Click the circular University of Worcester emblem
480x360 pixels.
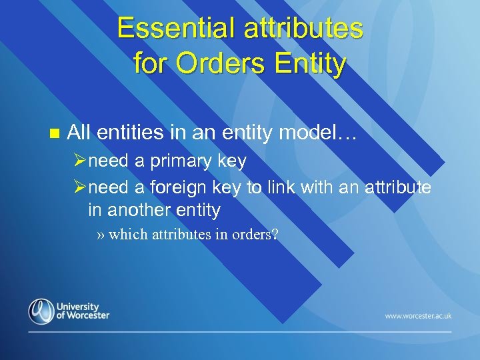click(x=41, y=311)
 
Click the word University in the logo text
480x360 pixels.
click(x=78, y=306)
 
